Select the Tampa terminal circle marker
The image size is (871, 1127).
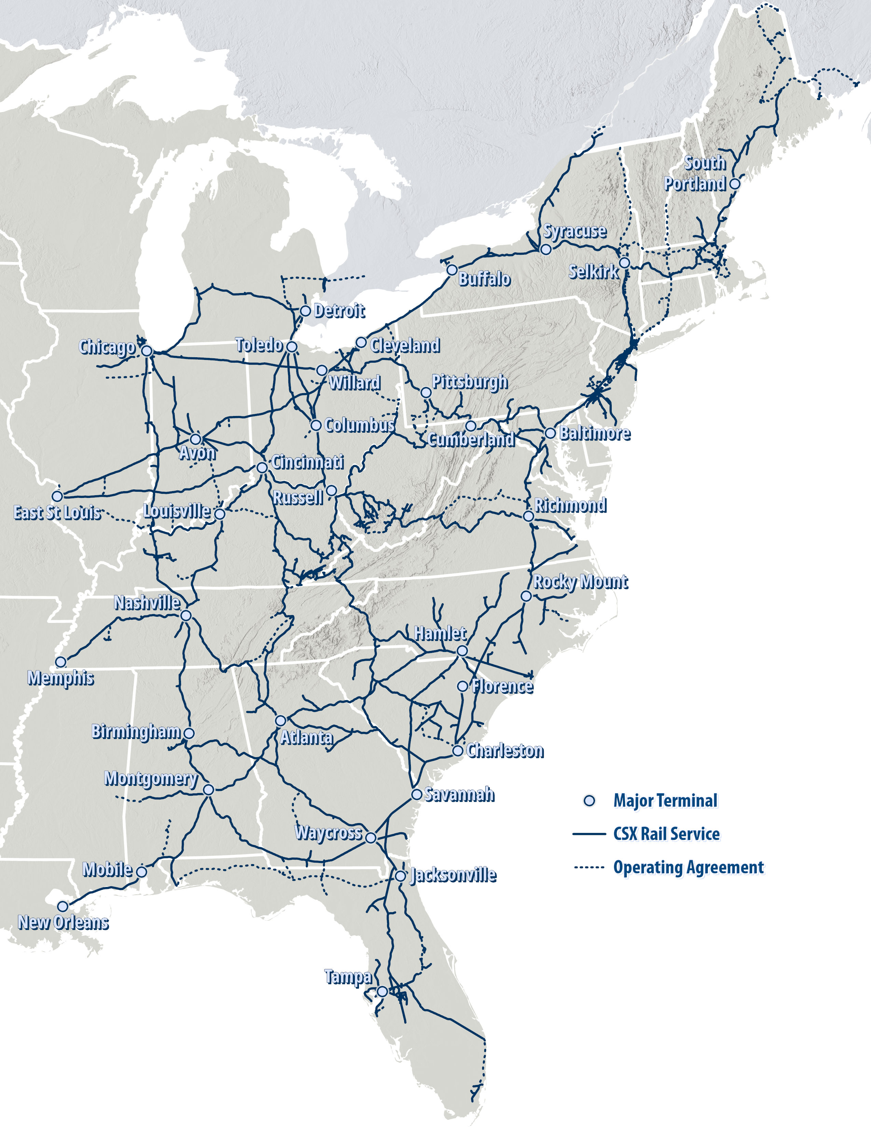(x=382, y=992)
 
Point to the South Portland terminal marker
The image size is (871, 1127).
(x=735, y=184)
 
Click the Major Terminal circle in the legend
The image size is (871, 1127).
(x=589, y=801)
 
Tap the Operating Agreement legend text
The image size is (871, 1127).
(x=688, y=867)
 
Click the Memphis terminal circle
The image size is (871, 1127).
(x=61, y=662)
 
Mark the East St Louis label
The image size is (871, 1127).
(x=57, y=512)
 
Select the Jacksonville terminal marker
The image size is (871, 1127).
(x=400, y=876)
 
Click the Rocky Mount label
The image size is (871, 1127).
(x=580, y=582)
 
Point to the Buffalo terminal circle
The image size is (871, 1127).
(x=452, y=270)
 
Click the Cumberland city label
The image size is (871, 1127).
(x=471, y=440)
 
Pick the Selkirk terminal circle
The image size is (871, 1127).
(x=624, y=263)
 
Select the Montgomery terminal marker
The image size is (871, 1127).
(x=208, y=790)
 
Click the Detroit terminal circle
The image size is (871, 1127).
(x=305, y=311)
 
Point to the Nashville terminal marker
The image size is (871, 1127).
(x=186, y=616)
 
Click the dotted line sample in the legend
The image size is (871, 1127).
(x=589, y=867)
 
